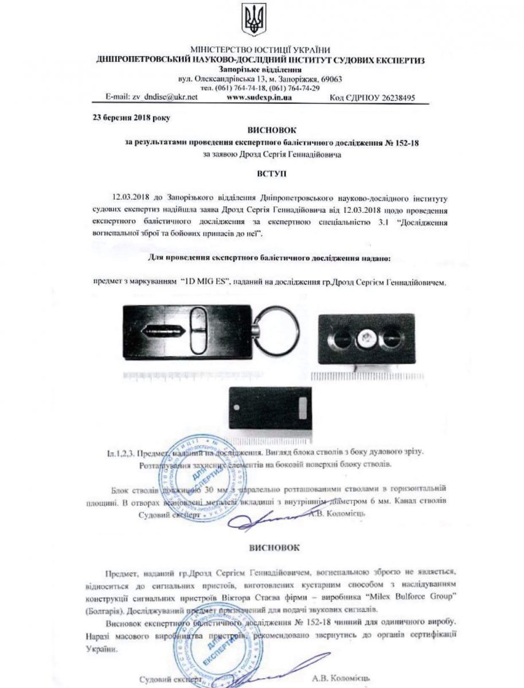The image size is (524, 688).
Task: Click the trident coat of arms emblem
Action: tap(252, 20)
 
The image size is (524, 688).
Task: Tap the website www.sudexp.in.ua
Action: tap(260, 97)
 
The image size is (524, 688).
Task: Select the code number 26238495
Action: tap(391, 98)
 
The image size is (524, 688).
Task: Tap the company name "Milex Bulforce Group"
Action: tap(405, 598)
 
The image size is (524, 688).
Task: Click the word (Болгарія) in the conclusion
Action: tap(122, 609)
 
